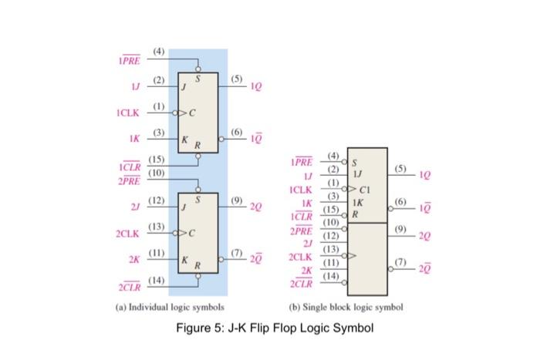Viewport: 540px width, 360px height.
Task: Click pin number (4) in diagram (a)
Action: click(158, 52)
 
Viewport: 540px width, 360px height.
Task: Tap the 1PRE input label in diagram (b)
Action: click(301, 163)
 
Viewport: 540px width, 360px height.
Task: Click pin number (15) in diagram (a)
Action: click(157, 159)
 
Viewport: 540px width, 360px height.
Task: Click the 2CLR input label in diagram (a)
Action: click(129, 288)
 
